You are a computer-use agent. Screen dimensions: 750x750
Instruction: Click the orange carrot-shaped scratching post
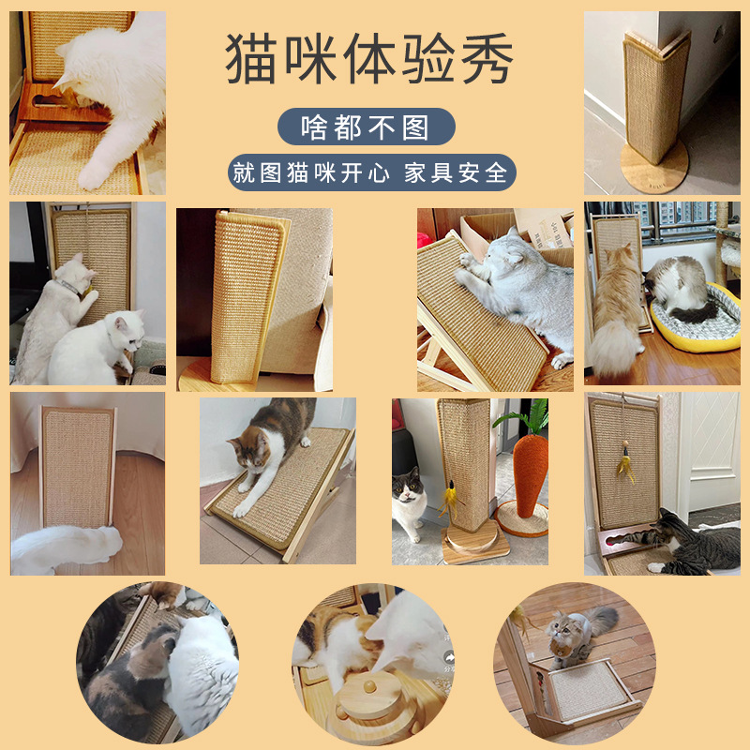pyautogui.click(x=530, y=475)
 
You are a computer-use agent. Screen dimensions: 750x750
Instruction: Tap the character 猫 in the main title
pyautogui.click(x=250, y=59)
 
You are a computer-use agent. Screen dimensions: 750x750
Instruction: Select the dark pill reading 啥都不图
pyautogui.click(x=366, y=127)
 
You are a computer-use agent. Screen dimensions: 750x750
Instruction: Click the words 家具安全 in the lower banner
pyautogui.click(x=456, y=172)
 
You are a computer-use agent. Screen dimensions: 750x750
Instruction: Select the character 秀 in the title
pyautogui.click(x=487, y=59)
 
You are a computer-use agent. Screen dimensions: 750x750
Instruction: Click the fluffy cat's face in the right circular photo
pyautogui.click(x=560, y=630)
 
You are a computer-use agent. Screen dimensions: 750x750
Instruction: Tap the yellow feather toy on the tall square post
pyautogui.click(x=451, y=499)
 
